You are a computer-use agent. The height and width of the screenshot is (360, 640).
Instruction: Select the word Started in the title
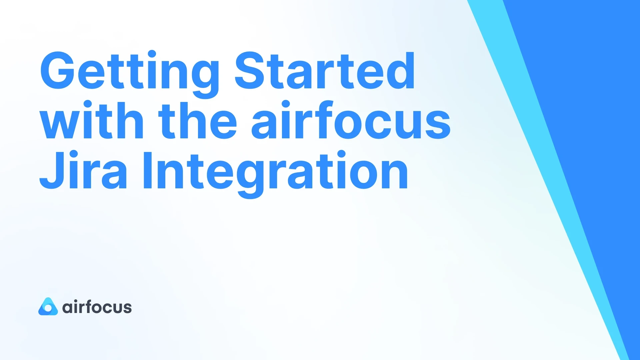coord(325,71)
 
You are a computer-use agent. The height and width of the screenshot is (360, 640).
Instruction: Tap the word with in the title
coord(92,121)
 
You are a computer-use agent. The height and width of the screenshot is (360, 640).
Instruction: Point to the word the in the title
coord(197,121)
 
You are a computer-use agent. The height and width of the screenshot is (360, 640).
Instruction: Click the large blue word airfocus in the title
coord(351,121)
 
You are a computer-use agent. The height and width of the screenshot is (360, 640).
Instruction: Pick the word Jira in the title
coord(83,171)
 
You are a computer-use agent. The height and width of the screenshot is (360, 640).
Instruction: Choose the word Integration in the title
coord(275,171)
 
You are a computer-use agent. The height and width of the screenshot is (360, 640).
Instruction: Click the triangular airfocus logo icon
coord(48,307)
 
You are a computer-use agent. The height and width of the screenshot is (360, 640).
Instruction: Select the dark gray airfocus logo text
coord(97,307)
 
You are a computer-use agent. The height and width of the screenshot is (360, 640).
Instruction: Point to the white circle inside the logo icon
coord(48,309)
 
